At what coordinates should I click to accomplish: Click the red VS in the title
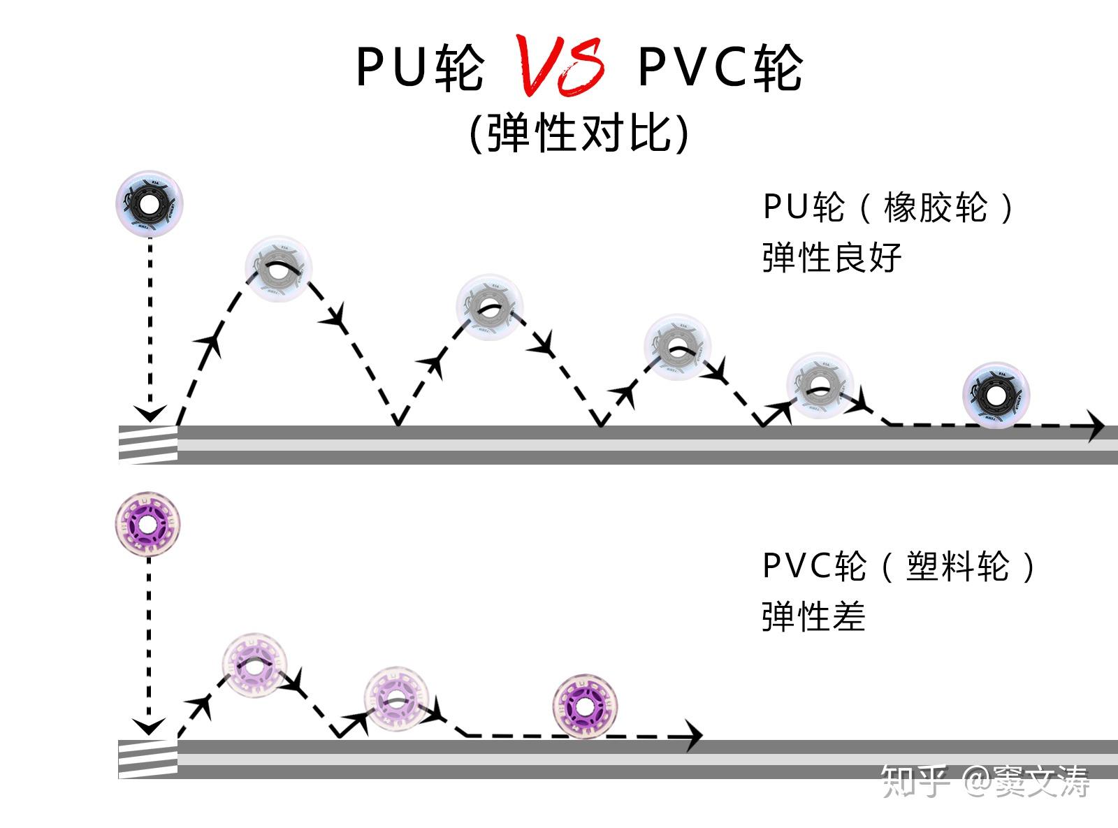click(560, 66)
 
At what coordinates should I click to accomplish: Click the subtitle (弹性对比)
click(579, 133)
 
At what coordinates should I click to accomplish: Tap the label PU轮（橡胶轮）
click(888, 208)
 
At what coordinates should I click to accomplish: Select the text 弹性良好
click(832, 258)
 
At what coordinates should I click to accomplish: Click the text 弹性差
click(813, 616)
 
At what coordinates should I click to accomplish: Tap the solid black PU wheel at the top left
click(150, 204)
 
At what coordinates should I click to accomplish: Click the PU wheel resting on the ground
click(996, 395)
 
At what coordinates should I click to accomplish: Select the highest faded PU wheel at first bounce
click(278, 268)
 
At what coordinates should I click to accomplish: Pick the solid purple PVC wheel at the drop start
click(147, 524)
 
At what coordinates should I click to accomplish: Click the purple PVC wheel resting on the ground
click(585, 706)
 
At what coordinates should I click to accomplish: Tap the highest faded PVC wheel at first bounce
click(256, 666)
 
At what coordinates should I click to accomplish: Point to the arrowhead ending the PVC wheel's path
click(693, 736)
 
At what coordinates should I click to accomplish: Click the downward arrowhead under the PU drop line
click(150, 413)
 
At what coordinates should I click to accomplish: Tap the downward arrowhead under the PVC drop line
click(148, 726)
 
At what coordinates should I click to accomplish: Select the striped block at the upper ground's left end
click(147, 444)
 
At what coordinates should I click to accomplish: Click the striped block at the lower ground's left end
click(147, 759)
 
